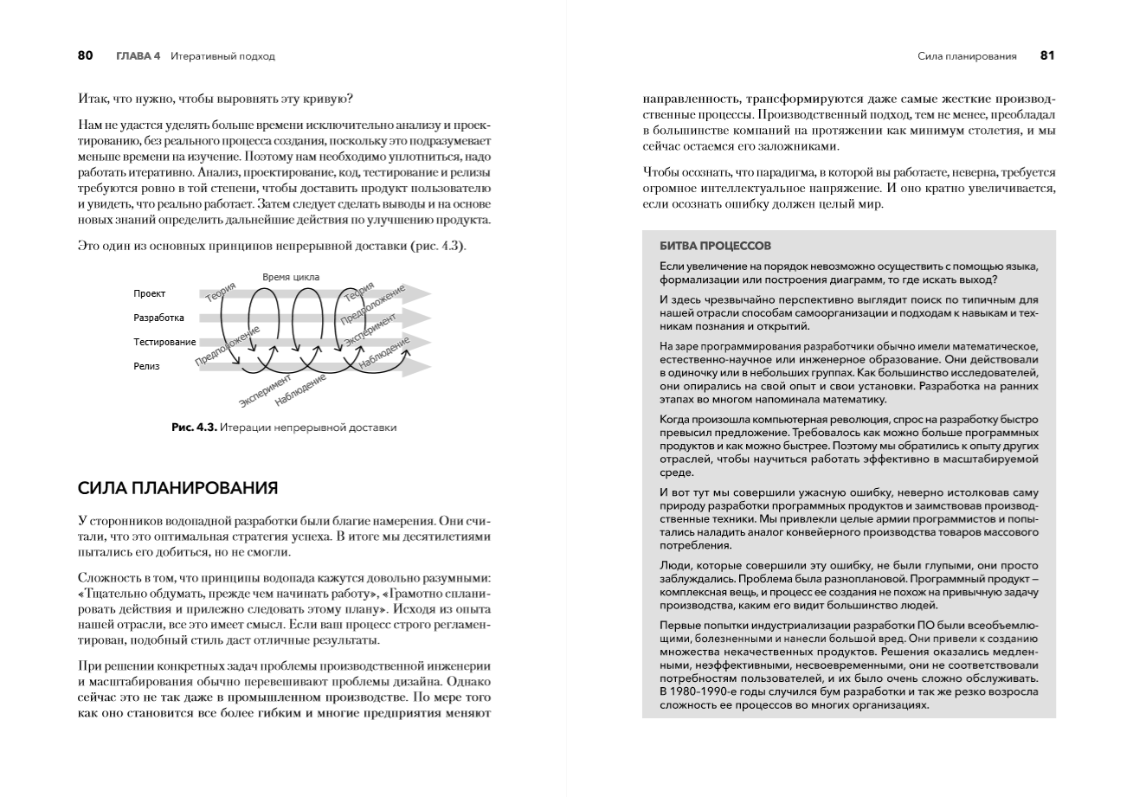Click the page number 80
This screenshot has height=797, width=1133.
click(x=85, y=56)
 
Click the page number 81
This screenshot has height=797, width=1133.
click(x=1047, y=56)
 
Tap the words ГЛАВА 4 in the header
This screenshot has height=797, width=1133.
click(x=138, y=56)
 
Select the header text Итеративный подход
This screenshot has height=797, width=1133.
click(x=222, y=56)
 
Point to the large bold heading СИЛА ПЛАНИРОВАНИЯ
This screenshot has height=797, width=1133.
click(x=177, y=488)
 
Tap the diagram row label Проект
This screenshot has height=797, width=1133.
click(x=149, y=294)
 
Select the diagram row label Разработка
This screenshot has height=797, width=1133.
click(x=158, y=318)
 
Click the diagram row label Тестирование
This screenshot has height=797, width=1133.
click(x=164, y=343)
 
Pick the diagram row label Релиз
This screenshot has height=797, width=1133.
click(x=146, y=366)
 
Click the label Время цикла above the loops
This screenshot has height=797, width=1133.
click(x=291, y=277)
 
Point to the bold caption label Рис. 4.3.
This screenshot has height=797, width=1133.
click(x=192, y=427)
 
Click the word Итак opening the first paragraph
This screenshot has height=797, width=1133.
click(x=92, y=98)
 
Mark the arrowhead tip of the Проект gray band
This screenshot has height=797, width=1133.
click(x=430, y=294)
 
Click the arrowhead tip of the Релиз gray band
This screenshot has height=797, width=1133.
click(x=430, y=367)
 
